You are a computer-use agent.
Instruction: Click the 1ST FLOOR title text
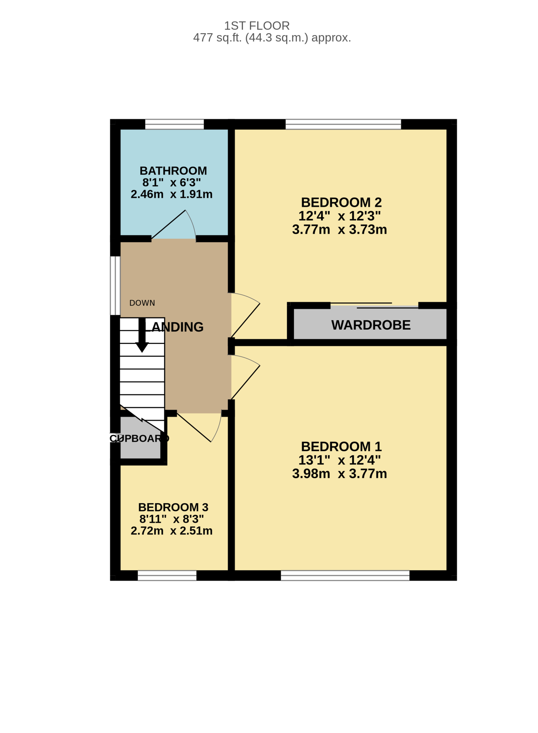[257, 26]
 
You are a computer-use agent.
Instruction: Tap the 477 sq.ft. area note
[272, 38]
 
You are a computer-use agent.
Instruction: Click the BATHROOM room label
[173, 171]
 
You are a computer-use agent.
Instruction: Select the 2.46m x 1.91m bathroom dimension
[171, 194]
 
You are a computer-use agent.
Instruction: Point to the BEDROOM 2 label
[341, 203]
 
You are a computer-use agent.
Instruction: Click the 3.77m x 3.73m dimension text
[339, 229]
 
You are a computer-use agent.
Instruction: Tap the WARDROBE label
[371, 325]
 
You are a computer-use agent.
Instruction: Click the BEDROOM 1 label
[341, 447]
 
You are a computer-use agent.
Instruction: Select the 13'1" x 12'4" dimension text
[339, 460]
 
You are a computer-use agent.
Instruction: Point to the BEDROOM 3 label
[173, 507]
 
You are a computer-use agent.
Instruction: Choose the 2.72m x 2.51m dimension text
[171, 530]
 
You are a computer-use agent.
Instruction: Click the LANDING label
[174, 327]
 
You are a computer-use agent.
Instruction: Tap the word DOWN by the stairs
[142, 303]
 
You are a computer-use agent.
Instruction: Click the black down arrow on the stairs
[142, 335]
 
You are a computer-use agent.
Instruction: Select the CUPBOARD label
[139, 438]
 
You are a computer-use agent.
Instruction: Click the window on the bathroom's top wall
[174, 124]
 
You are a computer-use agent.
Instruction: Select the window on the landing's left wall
[115, 285]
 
